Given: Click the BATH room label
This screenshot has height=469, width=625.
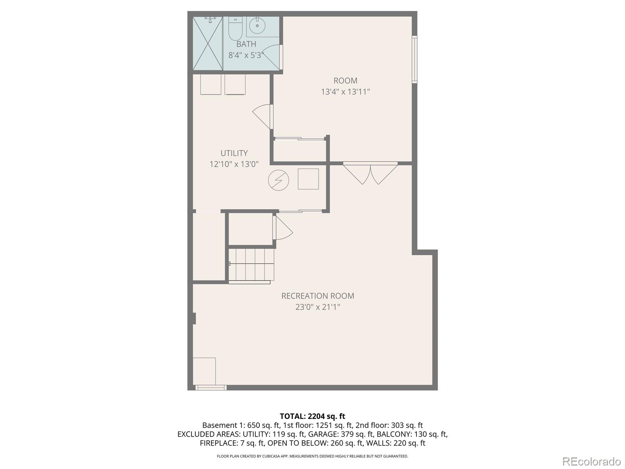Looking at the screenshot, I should [x=246, y=44].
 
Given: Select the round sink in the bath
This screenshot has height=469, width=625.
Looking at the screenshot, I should [x=257, y=26].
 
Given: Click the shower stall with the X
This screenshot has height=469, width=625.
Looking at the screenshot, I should [x=208, y=43].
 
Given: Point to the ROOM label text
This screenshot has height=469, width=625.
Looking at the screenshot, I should [x=345, y=81].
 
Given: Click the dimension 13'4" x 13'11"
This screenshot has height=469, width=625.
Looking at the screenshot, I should [x=345, y=92].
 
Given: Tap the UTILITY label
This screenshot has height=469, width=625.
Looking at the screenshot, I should [x=234, y=153].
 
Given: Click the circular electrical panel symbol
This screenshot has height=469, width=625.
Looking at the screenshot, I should [x=279, y=180].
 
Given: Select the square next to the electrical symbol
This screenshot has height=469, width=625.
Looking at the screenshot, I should [x=308, y=179].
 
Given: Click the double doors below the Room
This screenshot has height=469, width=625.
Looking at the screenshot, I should [x=370, y=174].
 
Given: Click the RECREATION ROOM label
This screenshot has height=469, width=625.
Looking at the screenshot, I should [x=318, y=296].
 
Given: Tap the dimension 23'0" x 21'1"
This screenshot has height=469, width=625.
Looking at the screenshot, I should [x=318, y=307].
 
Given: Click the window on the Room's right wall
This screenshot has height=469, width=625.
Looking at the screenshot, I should [x=415, y=59].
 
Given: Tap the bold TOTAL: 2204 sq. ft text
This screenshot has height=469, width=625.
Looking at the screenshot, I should [x=312, y=416].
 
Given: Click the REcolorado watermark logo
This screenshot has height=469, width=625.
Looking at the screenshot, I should [x=591, y=461].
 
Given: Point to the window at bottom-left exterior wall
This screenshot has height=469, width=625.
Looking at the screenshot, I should [x=211, y=388].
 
